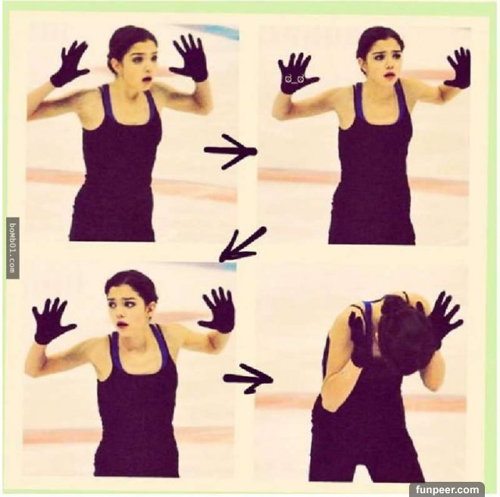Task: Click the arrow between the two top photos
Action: (230, 152)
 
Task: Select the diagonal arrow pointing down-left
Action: (243, 245)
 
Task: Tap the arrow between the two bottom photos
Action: (248, 379)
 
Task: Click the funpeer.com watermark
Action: (448, 489)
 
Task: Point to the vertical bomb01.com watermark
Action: (13, 247)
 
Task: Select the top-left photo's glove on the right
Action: (189, 58)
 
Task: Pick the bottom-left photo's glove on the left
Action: (52, 321)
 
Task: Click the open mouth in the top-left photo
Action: (146, 80)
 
